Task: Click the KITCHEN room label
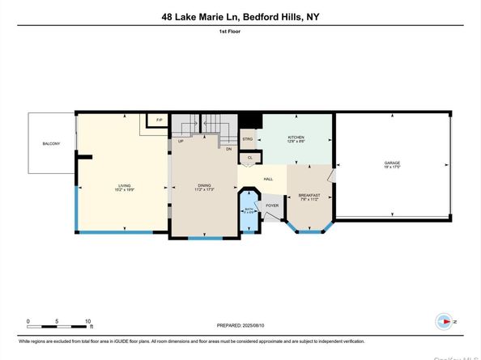click(296, 138)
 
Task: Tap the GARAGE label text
click(392, 163)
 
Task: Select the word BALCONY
click(53, 144)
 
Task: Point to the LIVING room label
click(124, 185)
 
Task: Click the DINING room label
click(204, 185)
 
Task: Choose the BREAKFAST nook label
click(309, 195)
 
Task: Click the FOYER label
click(272, 205)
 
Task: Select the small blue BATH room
click(249, 210)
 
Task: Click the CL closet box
click(250, 158)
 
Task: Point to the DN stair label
click(229, 149)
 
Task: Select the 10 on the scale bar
click(87, 320)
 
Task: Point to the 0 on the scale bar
click(28, 320)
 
